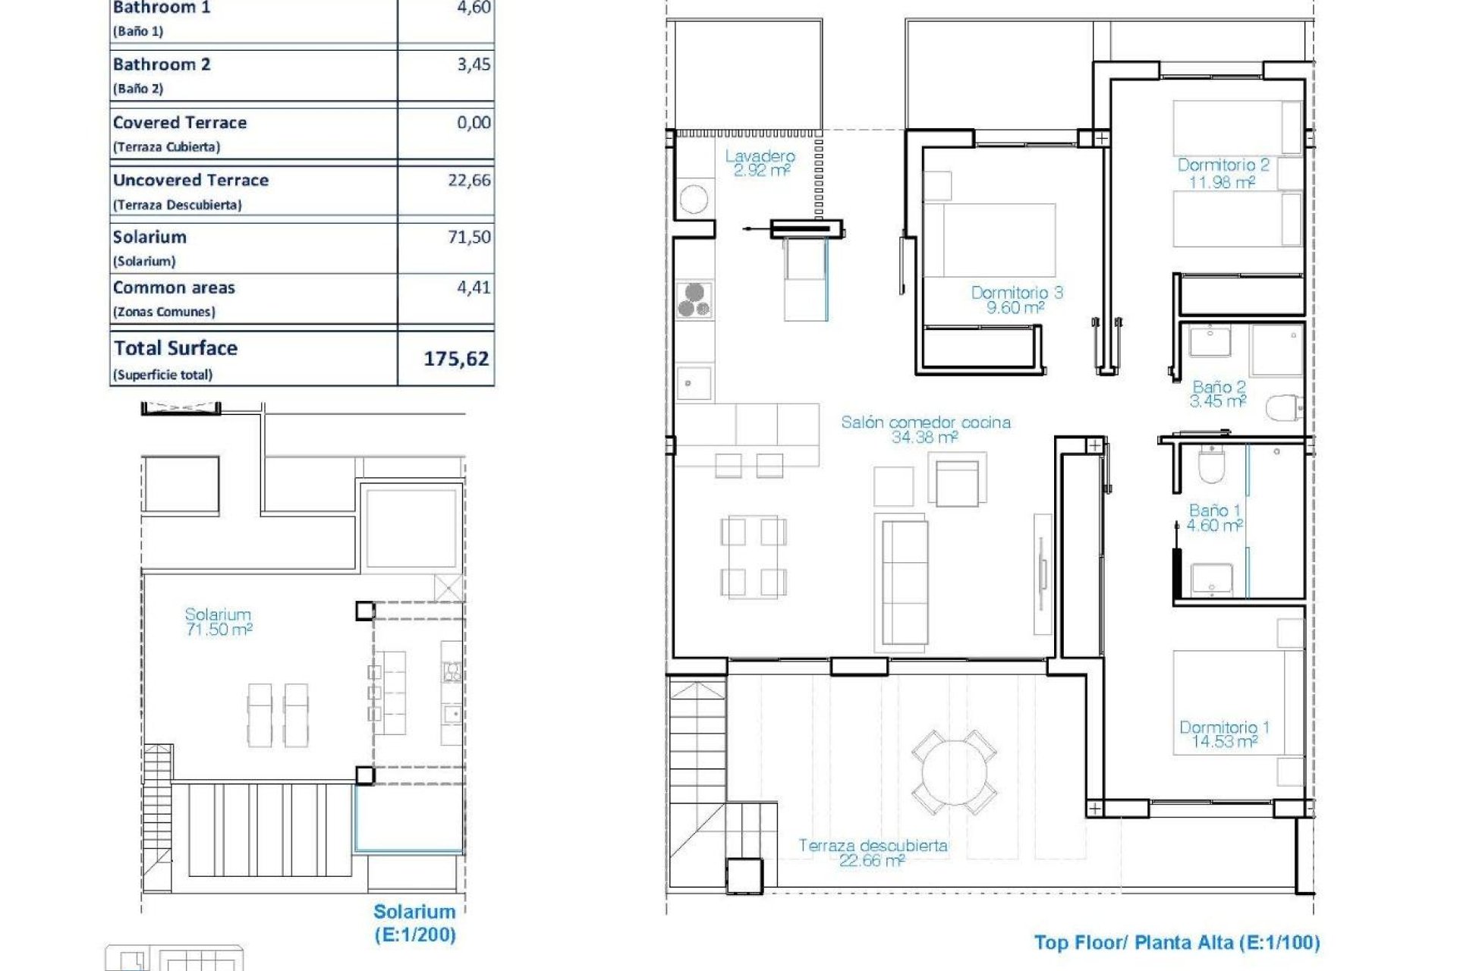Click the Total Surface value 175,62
[455, 358]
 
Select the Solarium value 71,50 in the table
[469, 237]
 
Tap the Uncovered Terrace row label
[190, 181]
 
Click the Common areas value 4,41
[474, 288]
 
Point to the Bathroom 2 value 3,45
[474, 64]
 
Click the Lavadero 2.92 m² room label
[760, 163]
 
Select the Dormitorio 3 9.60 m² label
[1016, 300]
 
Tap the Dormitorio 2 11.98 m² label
[1223, 173]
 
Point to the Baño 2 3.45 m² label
[1218, 394]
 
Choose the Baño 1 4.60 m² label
[1214, 517]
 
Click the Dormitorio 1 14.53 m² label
[1223, 734]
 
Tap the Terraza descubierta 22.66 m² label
[873, 852]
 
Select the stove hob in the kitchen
[694, 299]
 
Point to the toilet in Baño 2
[1284, 407]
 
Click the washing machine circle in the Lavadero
[694, 200]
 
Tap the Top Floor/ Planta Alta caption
[1176, 943]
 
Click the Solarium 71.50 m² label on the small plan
[218, 621]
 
